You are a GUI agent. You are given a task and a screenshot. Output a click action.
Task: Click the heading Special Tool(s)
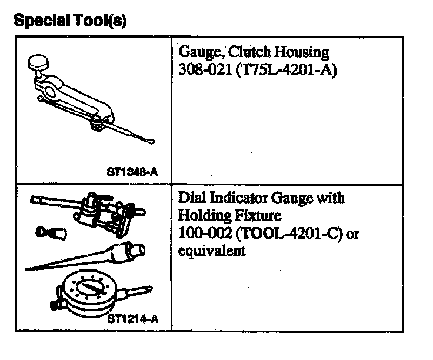69,21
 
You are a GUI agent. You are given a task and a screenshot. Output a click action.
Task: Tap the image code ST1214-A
133,319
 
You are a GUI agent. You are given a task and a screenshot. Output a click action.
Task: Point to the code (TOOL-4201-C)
287,234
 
